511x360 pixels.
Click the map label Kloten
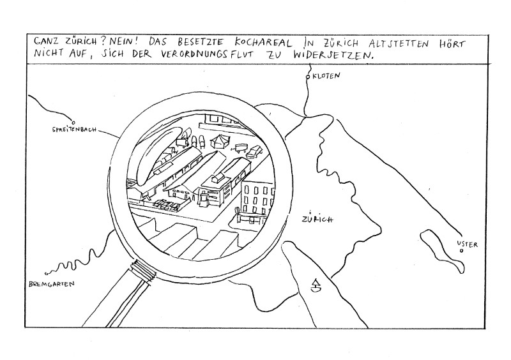[328, 77]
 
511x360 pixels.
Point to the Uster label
[468, 244]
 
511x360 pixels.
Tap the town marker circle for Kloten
[308, 77]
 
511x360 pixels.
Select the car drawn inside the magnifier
[255, 151]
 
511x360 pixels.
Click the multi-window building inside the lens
[256, 198]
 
